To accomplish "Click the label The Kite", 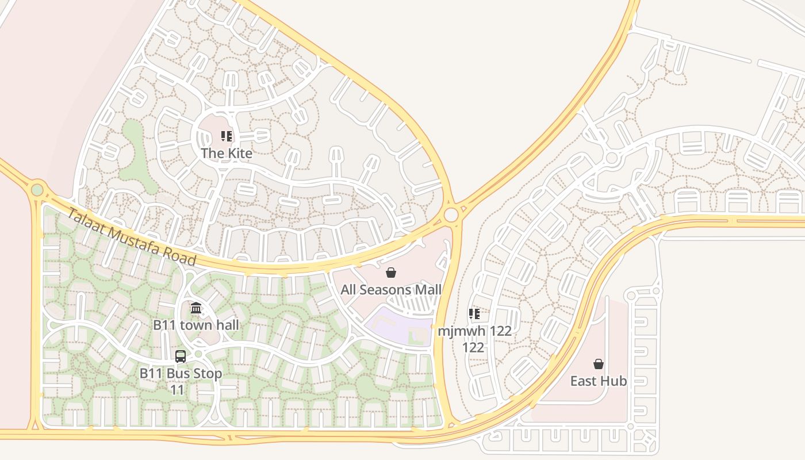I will pyautogui.click(x=227, y=154).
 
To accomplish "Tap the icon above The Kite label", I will pyautogui.click(x=227, y=137).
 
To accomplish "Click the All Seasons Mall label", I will pyautogui.click(x=391, y=289).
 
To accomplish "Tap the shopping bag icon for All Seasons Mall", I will pyautogui.click(x=391, y=273).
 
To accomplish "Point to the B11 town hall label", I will pyautogui.click(x=195, y=325).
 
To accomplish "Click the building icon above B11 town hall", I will pyautogui.click(x=196, y=308).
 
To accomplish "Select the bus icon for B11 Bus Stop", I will pyautogui.click(x=181, y=356).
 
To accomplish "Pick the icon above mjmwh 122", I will pyautogui.click(x=474, y=314).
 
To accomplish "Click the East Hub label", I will pyautogui.click(x=599, y=381).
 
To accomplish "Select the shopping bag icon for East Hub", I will pyautogui.click(x=599, y=364).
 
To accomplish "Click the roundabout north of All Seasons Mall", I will pyautogui.click(x=451, y=214).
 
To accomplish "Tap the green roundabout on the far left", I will pyautogui.click(x=37, y=189).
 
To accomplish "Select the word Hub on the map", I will pyautogui.click(x=615, y=381).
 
